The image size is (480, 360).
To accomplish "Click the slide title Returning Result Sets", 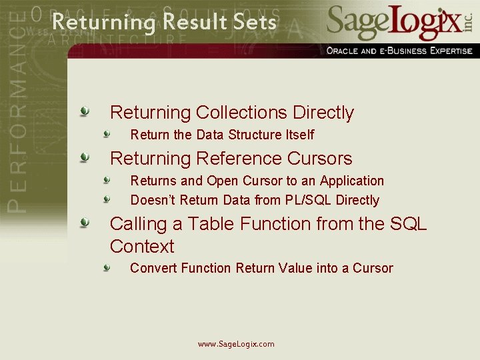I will point(164,22).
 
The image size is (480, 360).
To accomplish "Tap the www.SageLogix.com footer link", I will point(236,344).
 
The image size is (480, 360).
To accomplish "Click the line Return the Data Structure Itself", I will point(222,135).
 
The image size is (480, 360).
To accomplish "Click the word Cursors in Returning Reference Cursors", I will point(319,159).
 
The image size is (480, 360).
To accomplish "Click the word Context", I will point(142,246).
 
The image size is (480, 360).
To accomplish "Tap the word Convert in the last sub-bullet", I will point(154,268).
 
